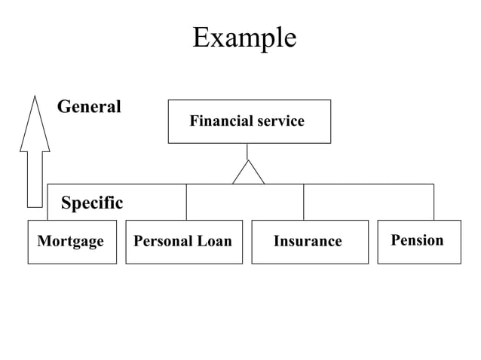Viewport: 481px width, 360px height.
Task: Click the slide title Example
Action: point(244,37)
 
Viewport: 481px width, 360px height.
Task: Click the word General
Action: point(89,107)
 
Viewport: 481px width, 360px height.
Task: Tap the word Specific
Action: point(91,203)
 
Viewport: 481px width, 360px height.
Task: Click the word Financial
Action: point(216,121)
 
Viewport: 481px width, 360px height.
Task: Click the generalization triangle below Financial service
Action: point(248,174)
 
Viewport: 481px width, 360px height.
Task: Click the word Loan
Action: point(215,241)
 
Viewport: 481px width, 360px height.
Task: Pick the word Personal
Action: point(163,241)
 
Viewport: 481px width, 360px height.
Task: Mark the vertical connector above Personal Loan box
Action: point(186,202)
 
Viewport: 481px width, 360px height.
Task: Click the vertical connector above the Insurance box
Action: point(303,202)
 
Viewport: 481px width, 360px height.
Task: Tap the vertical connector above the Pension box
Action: point(434,202)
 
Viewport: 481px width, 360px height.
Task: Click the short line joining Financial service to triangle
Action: point(247,151)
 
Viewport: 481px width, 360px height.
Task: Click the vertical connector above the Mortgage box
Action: point(47,202)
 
